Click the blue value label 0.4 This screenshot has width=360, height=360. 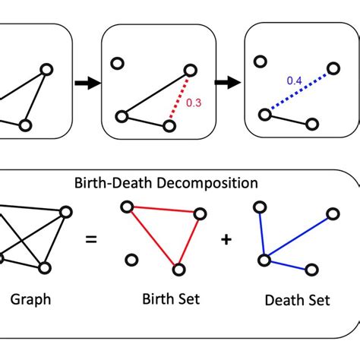[x=295, y=80]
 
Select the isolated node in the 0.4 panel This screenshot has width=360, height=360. [x=260, y=62]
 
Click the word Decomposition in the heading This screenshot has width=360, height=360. [x=215, y=183]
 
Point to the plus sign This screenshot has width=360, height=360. [x=227, y=239]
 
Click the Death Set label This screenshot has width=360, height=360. [x=298, y=300]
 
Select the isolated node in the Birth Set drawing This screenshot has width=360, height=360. [x=131, y=261]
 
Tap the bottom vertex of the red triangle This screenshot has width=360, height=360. [x=179, y=268]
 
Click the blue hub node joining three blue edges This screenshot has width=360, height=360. [x=264, y=261]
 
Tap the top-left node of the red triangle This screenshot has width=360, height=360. [x=127, y=206]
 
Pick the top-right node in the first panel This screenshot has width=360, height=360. [x=47, y=69]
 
